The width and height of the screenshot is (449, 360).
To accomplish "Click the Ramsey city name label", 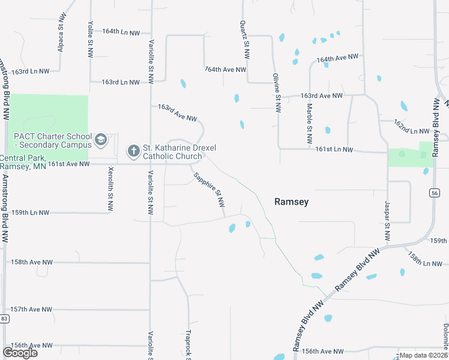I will point(291,202).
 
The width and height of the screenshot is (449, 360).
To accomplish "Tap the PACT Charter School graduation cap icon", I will point(101,140).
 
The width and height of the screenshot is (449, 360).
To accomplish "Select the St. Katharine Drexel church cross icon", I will point(133,150).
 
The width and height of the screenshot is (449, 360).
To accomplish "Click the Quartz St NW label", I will point(244,40).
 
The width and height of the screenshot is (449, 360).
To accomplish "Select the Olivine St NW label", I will point(277,94).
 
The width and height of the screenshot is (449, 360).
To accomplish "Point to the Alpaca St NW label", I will point(61,36).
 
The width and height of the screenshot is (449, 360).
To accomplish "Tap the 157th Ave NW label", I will point(32,309).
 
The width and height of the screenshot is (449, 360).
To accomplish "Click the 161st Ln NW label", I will point(334,150).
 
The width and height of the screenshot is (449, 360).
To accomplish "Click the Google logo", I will point(20,353).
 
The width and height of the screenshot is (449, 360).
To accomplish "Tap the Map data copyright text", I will point(424,356).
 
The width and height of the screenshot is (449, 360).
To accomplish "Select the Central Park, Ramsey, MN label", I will point(23,162).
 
